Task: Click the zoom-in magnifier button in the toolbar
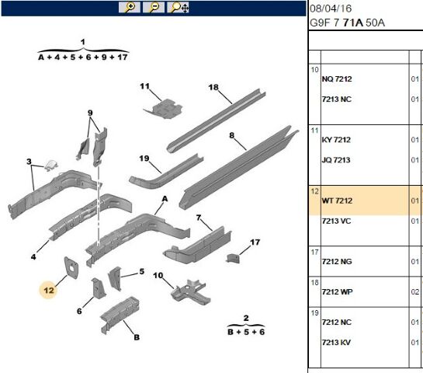[130, 7]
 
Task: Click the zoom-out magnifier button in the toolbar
[154, 7]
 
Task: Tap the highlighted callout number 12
[49, 291]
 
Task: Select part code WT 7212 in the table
[337, 200]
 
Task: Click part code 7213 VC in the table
[336, 221]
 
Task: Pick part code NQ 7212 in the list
[337, 78]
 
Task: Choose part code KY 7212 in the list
[336, 140]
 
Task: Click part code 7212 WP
[337, 291]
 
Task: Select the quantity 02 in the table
[415, 291]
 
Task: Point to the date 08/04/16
[331, 9]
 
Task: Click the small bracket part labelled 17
[233, 258]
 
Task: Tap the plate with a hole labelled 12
[71, 267]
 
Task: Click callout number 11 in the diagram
[144, 86]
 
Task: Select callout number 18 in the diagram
[213, 87]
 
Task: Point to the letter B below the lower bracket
[137, 337]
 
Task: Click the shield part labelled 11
[164, 109]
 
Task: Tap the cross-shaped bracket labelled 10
[191, 292]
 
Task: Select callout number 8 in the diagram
[232, 135]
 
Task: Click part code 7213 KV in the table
[336, 343]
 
